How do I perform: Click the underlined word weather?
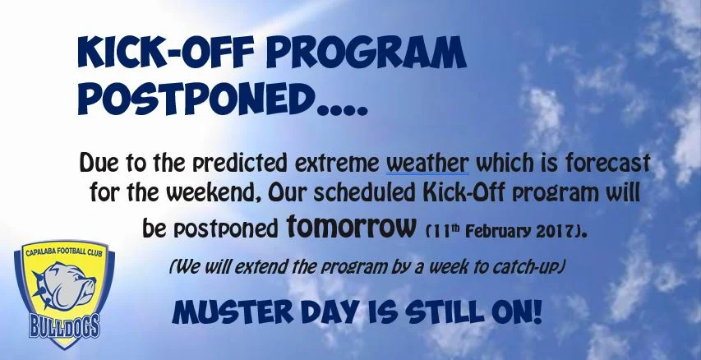click(427, 160)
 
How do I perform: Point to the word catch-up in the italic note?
click(532, 267)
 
